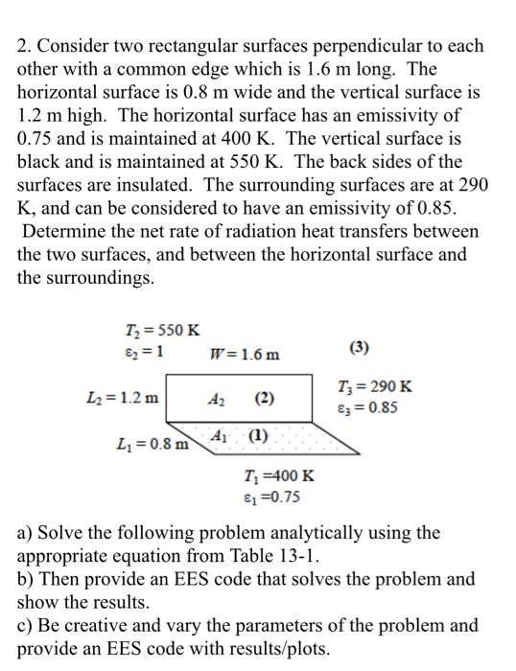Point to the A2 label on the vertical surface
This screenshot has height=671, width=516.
coord(219,397)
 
